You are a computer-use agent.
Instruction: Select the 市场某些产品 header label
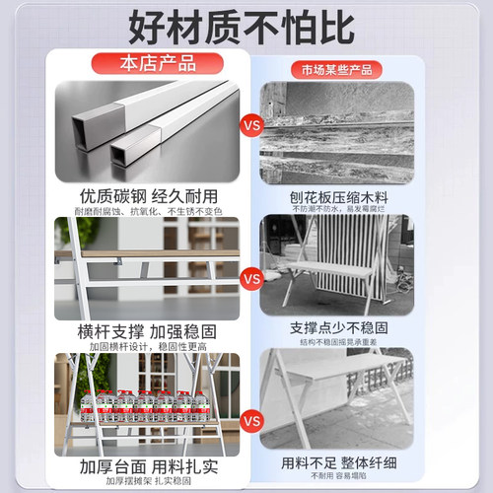point(336,70)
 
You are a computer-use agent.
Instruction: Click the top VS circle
point(251,127)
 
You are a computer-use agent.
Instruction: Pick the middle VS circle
point(251,279)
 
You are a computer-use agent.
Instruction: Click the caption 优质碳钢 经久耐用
point(147,195)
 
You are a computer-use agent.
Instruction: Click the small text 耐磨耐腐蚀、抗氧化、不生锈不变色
point(148,211)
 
